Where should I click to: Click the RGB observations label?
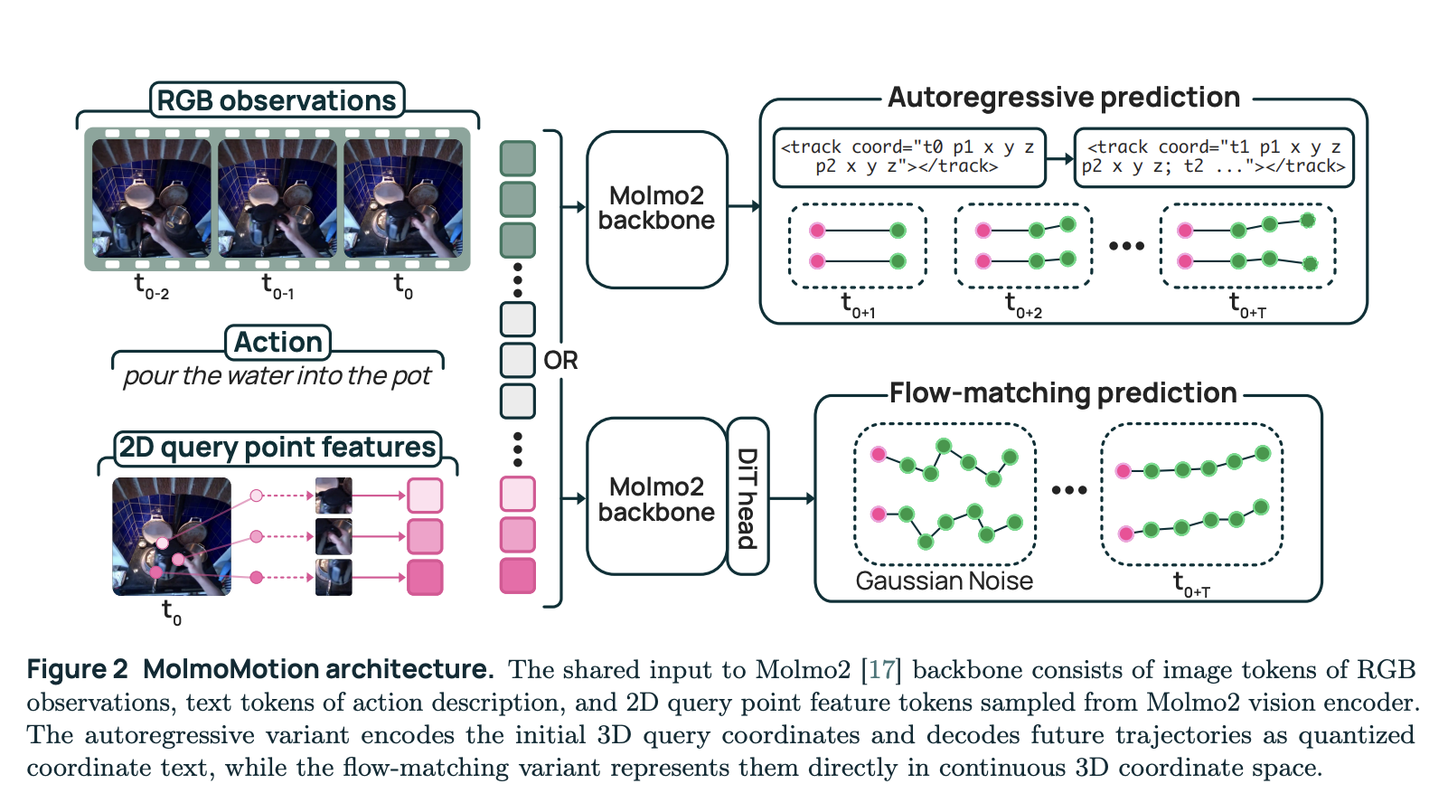pos(277,100)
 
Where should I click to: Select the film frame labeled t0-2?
pos(151,198)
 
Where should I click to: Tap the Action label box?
pos(278,342)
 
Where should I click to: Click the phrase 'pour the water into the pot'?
pos(277,375)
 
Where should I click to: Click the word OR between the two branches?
pos(560,360)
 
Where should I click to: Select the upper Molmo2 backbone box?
pos(657,210)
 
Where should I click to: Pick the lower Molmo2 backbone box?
pos(657,496)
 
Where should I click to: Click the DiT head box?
pos(748,496)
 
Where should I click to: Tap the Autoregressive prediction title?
pos(1064,97)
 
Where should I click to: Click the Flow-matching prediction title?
pos(1063,392)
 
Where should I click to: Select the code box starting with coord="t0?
pos(909,157)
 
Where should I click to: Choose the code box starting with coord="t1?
pos(1213,157)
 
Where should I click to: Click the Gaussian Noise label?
pos(944,581)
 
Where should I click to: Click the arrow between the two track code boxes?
pos(1060,158)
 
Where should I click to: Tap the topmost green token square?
pos(518,158)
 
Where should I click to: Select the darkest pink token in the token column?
pos(518,575)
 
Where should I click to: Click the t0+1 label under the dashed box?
pos(858,304)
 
